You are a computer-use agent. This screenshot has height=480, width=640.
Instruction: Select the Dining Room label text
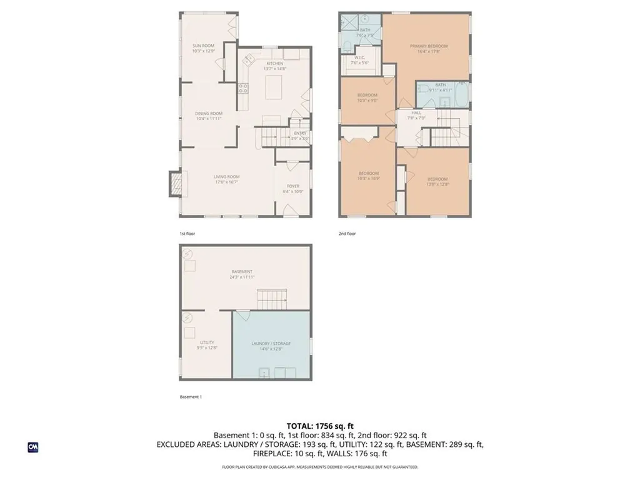click(209, 116)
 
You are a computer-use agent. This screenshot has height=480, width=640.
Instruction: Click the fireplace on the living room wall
click(176, 185)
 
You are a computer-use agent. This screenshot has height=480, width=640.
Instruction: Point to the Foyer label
click(293, 188)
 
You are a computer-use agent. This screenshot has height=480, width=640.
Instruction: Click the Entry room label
click(300, 135)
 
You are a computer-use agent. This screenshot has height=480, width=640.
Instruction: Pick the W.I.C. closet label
click(359, 61)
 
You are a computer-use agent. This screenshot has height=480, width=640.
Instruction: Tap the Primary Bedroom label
click(429, 49)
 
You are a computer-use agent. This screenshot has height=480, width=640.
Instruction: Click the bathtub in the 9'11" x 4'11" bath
click(462, 95)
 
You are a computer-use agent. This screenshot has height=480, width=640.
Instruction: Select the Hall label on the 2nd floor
click(416, 115)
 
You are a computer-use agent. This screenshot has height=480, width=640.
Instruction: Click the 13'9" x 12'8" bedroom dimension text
click(437, 184)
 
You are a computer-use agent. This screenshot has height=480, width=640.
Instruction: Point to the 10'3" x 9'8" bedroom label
click(367, 97)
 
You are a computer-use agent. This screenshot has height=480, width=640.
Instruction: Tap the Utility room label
click(207, 344)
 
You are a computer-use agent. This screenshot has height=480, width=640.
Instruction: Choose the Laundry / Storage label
click(271, 346)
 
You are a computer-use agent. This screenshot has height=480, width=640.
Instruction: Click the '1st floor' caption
click(187, 234)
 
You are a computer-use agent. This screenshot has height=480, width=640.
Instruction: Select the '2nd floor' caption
click(347, 234)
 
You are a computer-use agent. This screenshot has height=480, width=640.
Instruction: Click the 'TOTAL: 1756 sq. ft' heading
click(320, 426)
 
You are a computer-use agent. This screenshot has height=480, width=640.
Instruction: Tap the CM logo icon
click(32, 447)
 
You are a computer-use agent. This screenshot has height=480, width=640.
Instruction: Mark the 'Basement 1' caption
click(191, 397)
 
